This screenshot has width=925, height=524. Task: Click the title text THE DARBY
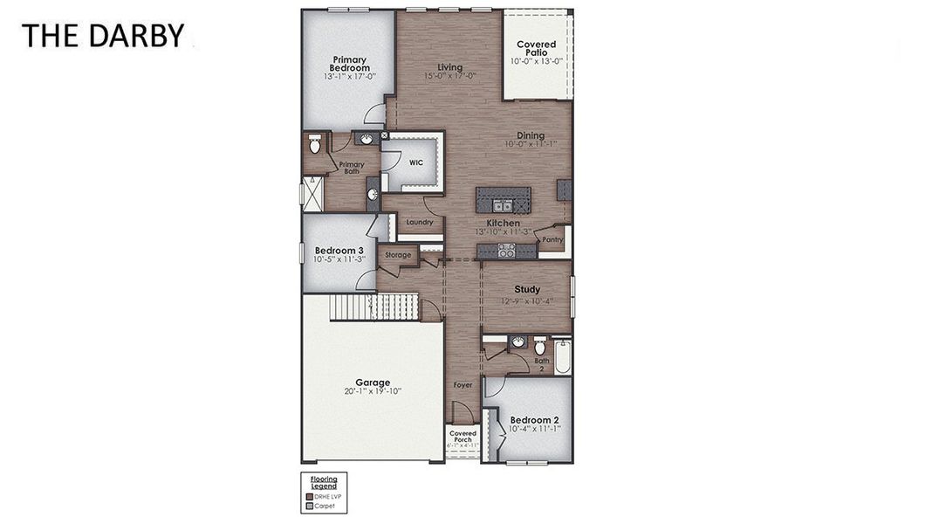tap(103, 36)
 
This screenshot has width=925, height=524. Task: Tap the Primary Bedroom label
tap(350, 64)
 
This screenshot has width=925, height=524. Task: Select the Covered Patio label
tap(536, 49)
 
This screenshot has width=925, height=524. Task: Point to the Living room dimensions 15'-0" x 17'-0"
tap(449, 76)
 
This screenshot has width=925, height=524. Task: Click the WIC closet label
tap(416, 162)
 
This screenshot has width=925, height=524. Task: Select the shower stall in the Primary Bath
tap(311, 193)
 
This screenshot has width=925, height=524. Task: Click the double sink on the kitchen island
tap(502, 206)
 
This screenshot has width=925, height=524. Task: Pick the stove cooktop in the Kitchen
tap(505, 251)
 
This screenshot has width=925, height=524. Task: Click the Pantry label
tap(552, 239)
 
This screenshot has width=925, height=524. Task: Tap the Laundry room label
tap(419, 222)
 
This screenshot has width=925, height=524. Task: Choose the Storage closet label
tap(398, 255)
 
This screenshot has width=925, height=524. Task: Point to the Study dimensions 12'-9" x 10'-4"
tap(527, 301)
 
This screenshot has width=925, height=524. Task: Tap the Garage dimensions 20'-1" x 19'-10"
tap(373, 392)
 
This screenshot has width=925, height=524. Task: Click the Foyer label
tap(462, 384)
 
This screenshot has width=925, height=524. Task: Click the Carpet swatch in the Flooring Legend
tap(309, 506)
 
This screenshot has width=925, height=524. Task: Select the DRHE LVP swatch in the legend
tap(309, 496)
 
